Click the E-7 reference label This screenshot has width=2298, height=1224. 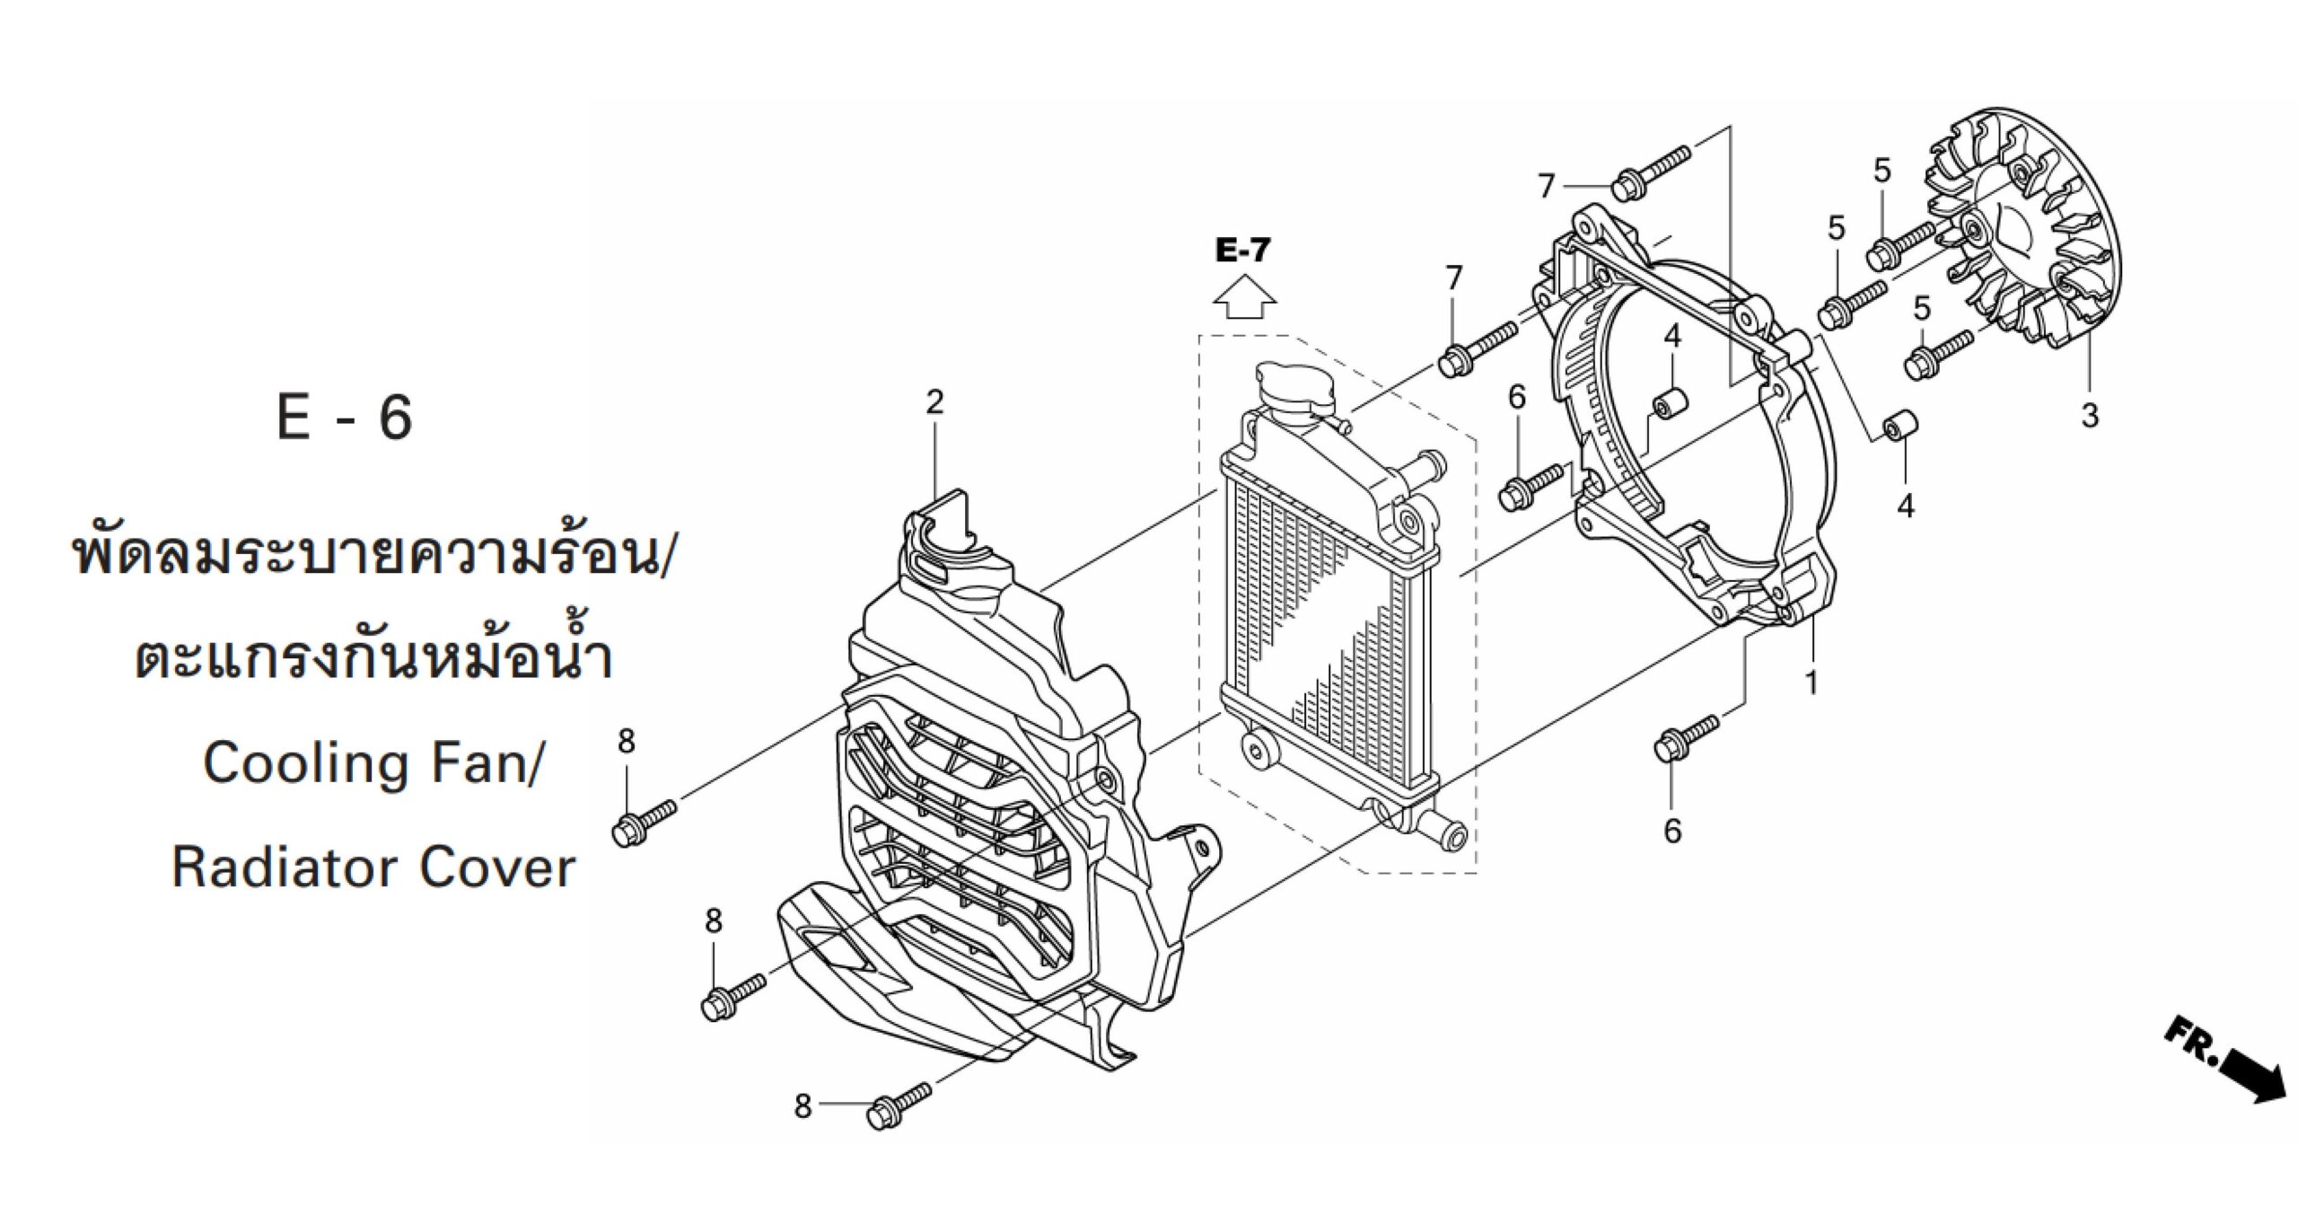pos(1243,251)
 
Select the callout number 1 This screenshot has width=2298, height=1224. pos(1812,683)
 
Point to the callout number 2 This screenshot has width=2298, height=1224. pos(935,401)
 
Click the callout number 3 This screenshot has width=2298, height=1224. pos(2090,416)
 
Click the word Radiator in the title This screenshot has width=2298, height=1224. pos(283,868)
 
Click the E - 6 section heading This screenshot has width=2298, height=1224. pos(345,417)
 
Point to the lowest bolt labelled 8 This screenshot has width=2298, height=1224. pos(899,1102)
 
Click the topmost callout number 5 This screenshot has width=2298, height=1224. pos(1882,171)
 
